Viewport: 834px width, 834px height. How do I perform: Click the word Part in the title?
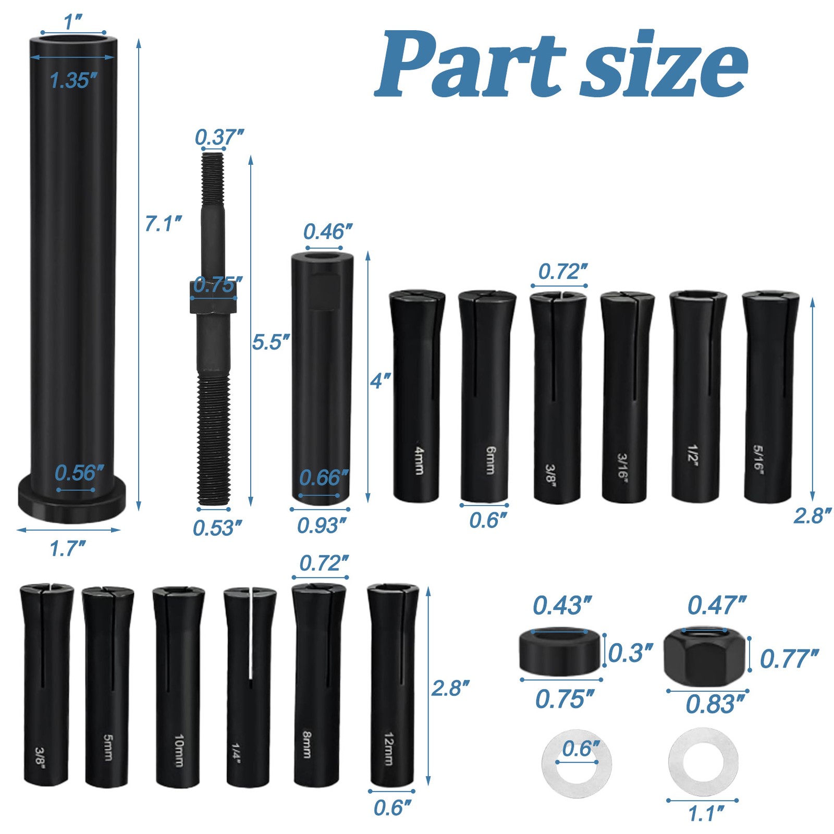469,64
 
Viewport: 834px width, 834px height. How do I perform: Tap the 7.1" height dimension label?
163,224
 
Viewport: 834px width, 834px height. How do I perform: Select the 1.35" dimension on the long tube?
73,81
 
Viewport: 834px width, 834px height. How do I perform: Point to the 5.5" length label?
271,342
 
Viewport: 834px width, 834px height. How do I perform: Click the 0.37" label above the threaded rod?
219,138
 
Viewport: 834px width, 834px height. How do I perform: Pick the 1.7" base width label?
67,549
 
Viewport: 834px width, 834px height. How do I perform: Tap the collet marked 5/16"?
769,396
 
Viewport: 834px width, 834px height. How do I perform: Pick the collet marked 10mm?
178,686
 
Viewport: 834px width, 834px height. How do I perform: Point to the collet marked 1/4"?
250,687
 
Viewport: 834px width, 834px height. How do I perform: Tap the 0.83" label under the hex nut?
715,704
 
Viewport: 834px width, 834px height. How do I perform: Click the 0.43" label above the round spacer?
562,606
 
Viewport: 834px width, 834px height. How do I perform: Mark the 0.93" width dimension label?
321,526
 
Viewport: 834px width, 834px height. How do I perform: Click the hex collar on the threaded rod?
214,298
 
